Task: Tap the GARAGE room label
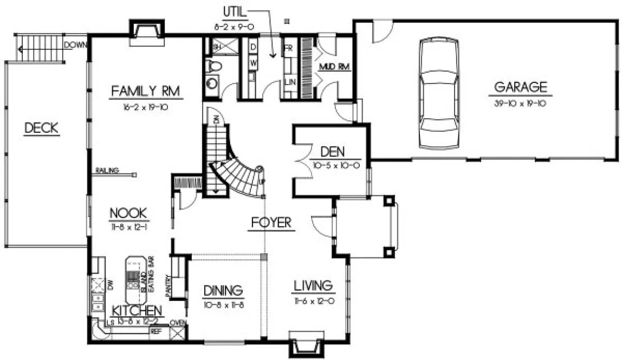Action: pos(520,87)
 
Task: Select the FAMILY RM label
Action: pos(145,91)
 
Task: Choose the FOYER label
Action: pos(272,222)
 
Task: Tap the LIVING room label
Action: pos(313,285)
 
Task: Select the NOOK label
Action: pos(128,213)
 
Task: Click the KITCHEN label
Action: pos(137,311)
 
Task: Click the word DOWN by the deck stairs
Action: pos(75,45)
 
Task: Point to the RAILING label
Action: pos(107,171)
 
